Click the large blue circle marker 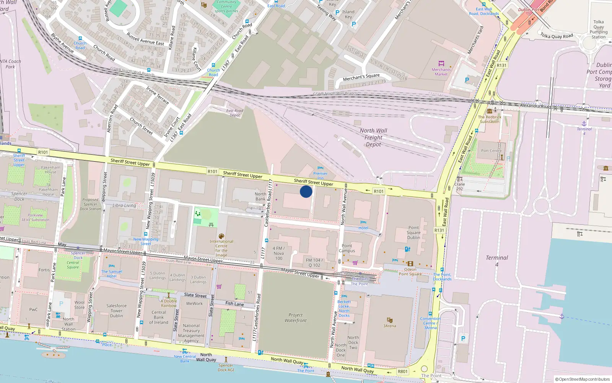(306, 191)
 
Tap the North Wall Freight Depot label (373, 137)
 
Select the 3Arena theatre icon (389, 320)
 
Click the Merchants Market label (441, 72)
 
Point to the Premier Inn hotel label (320, 176)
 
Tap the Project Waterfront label (295, 318)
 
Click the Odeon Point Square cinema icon (410, 264)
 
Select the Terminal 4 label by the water (496, 261)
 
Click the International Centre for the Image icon (221, 236)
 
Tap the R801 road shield (402, 371)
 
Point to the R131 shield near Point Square (439, 230)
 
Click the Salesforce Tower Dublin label (116, 311)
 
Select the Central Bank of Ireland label (158, 317)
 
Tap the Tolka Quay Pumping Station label (598, 29)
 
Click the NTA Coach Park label (10, 64)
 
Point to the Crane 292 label (459, 186)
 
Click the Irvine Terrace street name (157, 95)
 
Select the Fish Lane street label (234, 304)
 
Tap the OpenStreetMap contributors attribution (584, 379)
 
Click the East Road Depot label (234, 113)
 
